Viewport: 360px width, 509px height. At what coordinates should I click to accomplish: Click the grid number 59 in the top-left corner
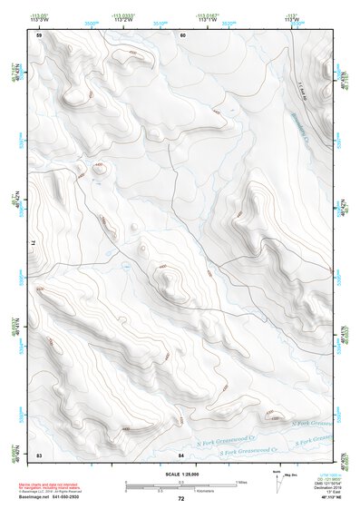coord(39,34)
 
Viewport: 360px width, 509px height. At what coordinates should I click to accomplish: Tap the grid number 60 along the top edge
coord(182,34)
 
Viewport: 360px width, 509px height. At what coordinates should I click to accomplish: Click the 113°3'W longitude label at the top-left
coord(39,19)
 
